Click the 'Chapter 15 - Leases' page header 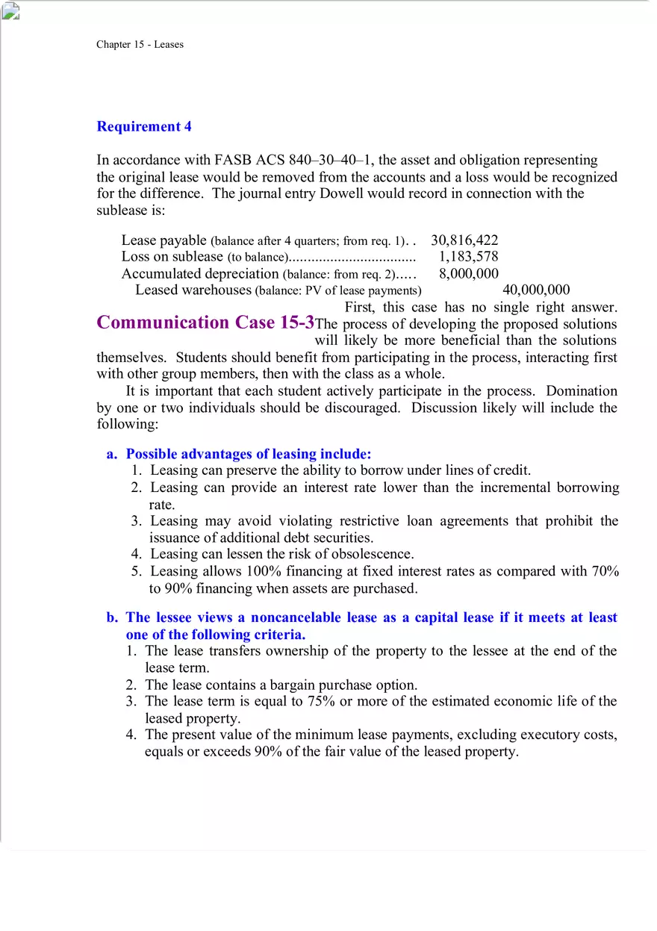pyautogui.click(x=140, y=45)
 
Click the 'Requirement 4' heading pyautogui.click(x=144, y=127)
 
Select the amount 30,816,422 pyautogui.click(x=464, y=240)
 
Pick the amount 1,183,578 pyautogui.click(x=468, y=257)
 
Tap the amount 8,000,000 pyautogui.click(x=468, y=274)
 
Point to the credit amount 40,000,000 pyautogui.click(x=536, y=290)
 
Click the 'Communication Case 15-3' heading pyautogui.click(x=205, y=323)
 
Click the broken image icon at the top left pyautogui.click(x=11, y=10)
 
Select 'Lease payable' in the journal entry pyautogui.click(x=164, y=240)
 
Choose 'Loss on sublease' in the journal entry pyautogui.click(x=172, y=257)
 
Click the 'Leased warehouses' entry pyautogui.click(x=193, y=290)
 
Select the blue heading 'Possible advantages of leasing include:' pyautogui.click(x=249, y=454)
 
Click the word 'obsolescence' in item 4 pyautogui.click(x=373, y=554)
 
